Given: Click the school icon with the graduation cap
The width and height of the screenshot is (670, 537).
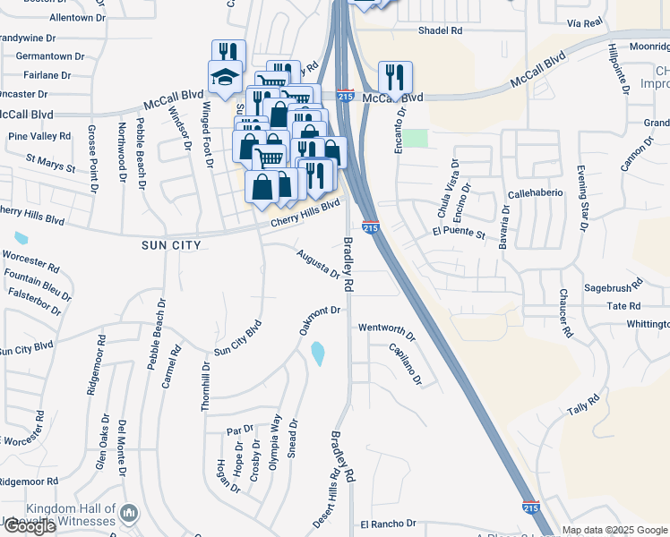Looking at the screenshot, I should tap(225, 78).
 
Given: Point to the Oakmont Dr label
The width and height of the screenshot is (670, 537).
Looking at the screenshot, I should tap(321, 320).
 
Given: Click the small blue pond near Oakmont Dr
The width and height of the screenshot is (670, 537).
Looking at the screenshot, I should tap(318, 354).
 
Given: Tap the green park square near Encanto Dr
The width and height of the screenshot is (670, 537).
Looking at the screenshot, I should tap(415, 138).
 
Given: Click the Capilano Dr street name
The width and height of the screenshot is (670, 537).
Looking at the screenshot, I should tap(404, 364).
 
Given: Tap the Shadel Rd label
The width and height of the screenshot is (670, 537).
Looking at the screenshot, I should tap(440, 30).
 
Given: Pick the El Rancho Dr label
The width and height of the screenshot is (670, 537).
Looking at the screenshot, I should tap(388, 524).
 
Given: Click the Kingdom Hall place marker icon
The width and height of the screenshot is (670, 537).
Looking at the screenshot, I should tap(130, 514).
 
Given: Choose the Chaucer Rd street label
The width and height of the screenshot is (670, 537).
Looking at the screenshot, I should tap(566, 312).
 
